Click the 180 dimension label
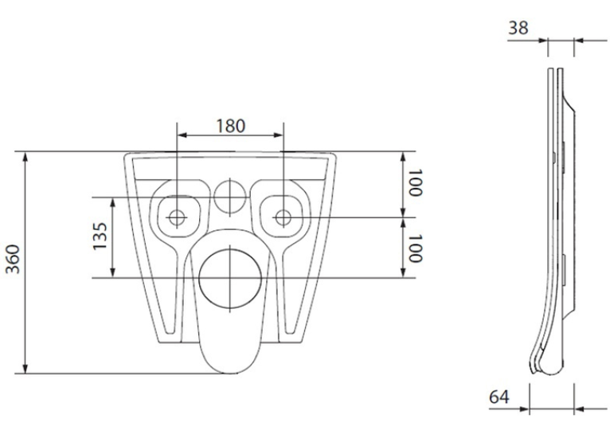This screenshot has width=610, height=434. tap(231, 126)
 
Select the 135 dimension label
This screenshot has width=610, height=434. tap(100, 236)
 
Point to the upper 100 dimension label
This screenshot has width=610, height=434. tap(415, 182)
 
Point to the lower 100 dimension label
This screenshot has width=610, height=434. tap(415, 248)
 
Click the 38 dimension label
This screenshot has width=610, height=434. tap(518, 28)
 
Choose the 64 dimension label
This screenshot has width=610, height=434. tap(499, 397)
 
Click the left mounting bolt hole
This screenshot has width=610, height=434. tap(177, 217)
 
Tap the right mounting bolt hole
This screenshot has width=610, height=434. tap(283, 217)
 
